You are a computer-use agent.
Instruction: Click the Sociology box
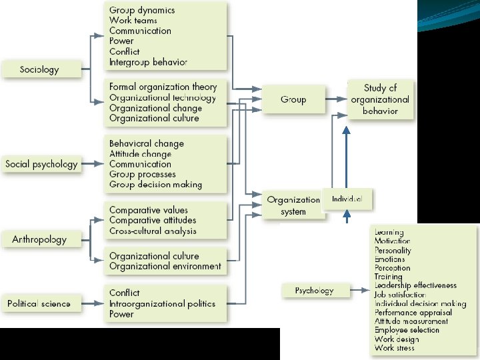coord(40,69)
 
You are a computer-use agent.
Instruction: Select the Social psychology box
coord(41,164)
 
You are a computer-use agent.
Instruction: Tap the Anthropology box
coord(40,239)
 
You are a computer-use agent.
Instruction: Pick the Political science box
coord(39,303)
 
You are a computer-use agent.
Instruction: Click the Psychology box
coord(314,290)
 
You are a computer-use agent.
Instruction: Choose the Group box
coord(293,99)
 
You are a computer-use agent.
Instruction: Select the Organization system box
coord(293,205)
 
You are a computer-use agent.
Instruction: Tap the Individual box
coord(347,199)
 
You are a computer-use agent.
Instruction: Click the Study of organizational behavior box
coord(380,99)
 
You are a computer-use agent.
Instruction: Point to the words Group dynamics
coord(142,10)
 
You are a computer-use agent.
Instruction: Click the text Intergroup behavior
coord(148,62)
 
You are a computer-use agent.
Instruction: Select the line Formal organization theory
coord(163,87)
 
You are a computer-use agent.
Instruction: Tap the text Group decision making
coord(155,185)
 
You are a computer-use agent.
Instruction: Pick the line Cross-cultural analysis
coord(153,231)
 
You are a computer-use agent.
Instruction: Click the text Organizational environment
coord(165,266)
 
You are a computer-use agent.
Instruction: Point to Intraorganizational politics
coord(162,303)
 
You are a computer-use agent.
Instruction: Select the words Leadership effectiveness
coord(415,285)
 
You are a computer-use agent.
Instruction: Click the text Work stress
coord(394,348)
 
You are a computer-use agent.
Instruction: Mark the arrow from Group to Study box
coord(336,99)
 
